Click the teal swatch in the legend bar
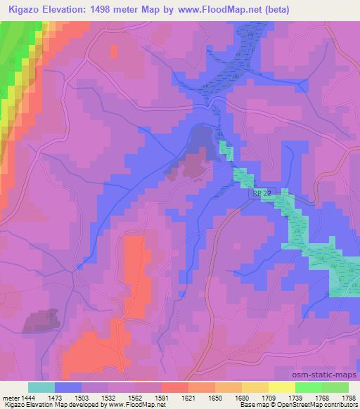point(41,387)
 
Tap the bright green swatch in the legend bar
point(309,387)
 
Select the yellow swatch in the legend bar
point(282,387)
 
